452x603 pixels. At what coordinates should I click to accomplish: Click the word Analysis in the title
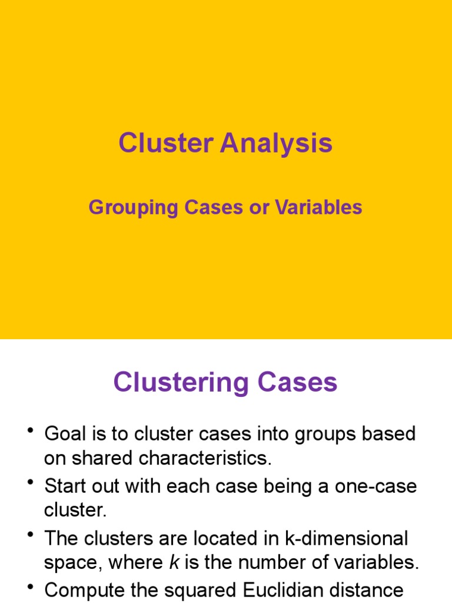(x=276, y=143)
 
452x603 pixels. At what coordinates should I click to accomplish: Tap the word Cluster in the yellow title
(x=166, y=143)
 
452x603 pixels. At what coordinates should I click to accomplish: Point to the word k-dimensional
(x=338, y=538)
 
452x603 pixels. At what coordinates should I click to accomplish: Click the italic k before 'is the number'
(x=174, y=563)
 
